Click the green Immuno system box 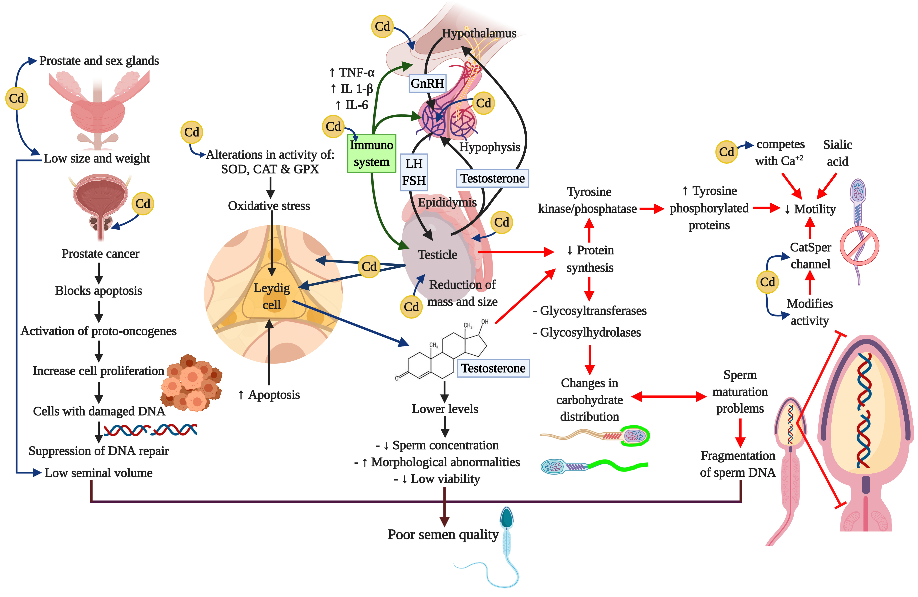pyautogui.click(x=371, y=153)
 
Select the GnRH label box pyautogui.click(x=427, y=83)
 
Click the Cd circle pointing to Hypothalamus pyautogui.click(x=382, y=26)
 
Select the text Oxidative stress pyautogui.click(x=269, y=206)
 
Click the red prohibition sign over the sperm pyautogui.click(x=859, y=246)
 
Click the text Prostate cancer pyautogui.click(x=100, y=254)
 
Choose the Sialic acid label pyautogui.click(x=837, y=153)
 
